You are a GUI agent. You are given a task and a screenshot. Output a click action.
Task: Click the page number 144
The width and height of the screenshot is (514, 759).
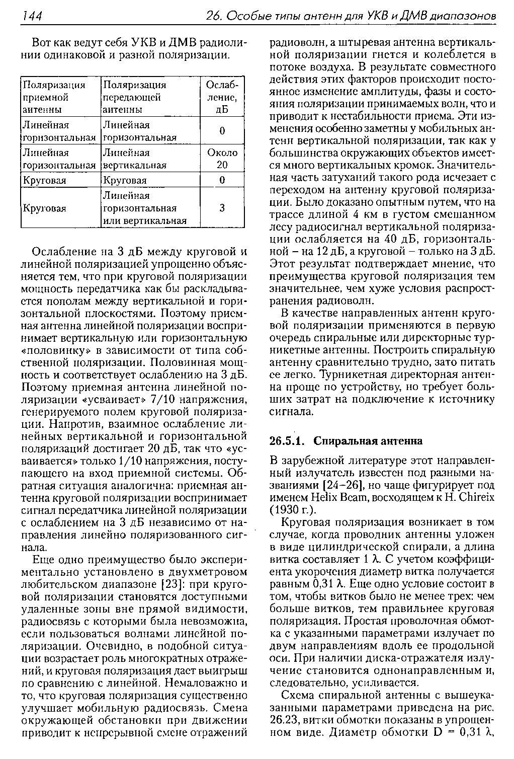click(31, 17)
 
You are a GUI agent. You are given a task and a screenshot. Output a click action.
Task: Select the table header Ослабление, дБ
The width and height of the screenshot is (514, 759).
click(222, 97)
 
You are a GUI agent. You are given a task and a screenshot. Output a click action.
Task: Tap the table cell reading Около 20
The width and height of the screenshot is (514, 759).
click(222, 159)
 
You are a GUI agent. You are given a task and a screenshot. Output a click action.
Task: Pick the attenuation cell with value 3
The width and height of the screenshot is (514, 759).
click(222, 208)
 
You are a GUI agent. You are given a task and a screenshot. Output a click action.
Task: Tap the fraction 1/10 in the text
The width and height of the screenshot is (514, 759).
click(130, 461)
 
